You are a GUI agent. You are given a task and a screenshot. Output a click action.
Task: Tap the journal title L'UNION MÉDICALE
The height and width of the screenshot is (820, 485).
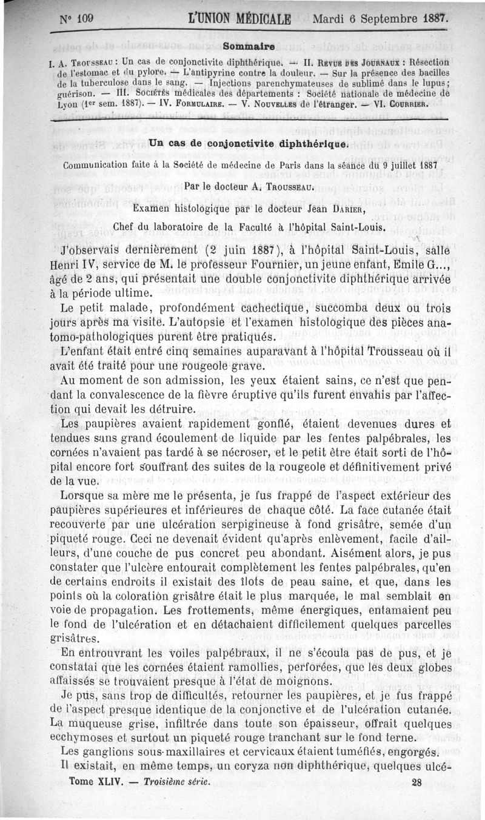click(x=239, y=18)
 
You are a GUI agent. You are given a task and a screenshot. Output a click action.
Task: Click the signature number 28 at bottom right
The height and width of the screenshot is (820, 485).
click(x=416, y=782)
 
